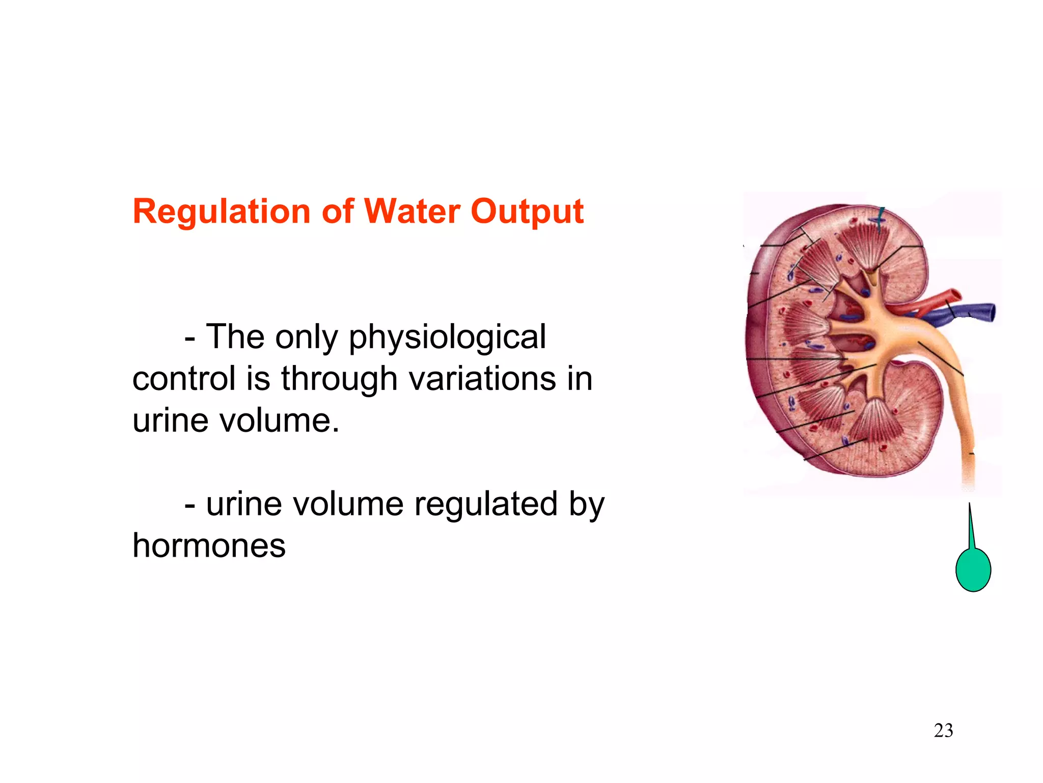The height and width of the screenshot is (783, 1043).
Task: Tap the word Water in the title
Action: (x=411, y=212)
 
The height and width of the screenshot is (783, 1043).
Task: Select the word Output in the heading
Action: (x=527, y=212)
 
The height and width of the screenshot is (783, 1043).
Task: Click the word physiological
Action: (x=447, y=337)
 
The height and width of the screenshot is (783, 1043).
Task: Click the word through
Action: (x=339, y=379)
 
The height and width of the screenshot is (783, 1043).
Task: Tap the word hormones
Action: (x=209, y=546)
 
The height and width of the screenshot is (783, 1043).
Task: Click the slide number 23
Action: (x=943, y=730)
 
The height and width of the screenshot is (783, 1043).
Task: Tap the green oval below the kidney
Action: (x=973, y=569)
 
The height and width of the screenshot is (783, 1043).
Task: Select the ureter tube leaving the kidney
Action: (x=963, y=408)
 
